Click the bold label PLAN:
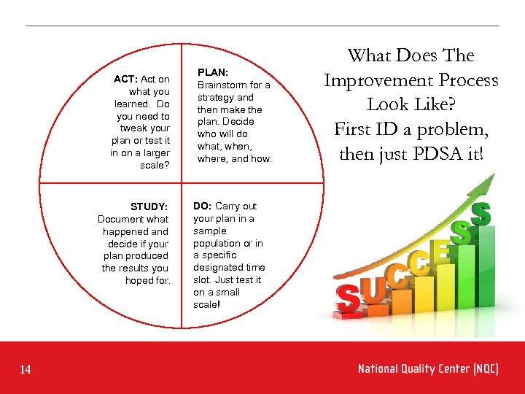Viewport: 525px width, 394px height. pyautogui.click(x=213, y=72)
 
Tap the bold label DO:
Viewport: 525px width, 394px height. pyautogui.click(x=202, y=206)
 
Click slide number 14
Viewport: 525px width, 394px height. pyautogui.click(x=26, y=370)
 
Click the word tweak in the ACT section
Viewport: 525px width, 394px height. pyautogui.click(x=134, y=128)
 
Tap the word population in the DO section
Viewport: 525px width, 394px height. pyautogui.click(x=217, y=243)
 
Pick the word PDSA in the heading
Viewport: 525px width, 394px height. pyautogui.click(x=438, y=155)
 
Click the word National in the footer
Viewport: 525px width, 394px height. pyautogui.click(x=378, y=369)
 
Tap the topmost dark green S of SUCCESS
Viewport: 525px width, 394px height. pyautogui.click(x=481, y=215)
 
